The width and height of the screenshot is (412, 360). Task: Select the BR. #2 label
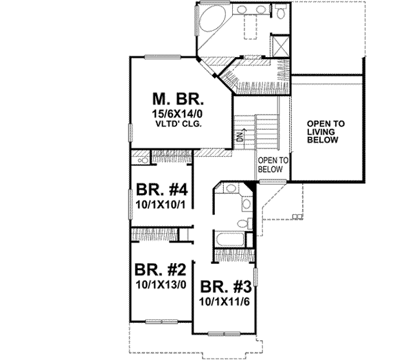pyautogui.click(x=158, y=269)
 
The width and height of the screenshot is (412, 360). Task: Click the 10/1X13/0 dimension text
pyautogui.click(x=159, y=282)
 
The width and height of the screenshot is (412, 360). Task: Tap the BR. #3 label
pyautogui.click(x=224, y=287)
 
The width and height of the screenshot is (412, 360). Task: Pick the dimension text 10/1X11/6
pyautogui.click(x=224, y=301)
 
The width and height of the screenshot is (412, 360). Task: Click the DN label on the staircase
pyautogui.click(x=240, y=135)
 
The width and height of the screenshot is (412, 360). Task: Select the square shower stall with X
pyautogui.click(x=280, y=45)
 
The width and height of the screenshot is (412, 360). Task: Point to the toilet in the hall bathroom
pyautogui.click(x=242, y=223)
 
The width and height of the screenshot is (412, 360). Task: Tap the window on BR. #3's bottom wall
pyautogui.click(x=226, y=333)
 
